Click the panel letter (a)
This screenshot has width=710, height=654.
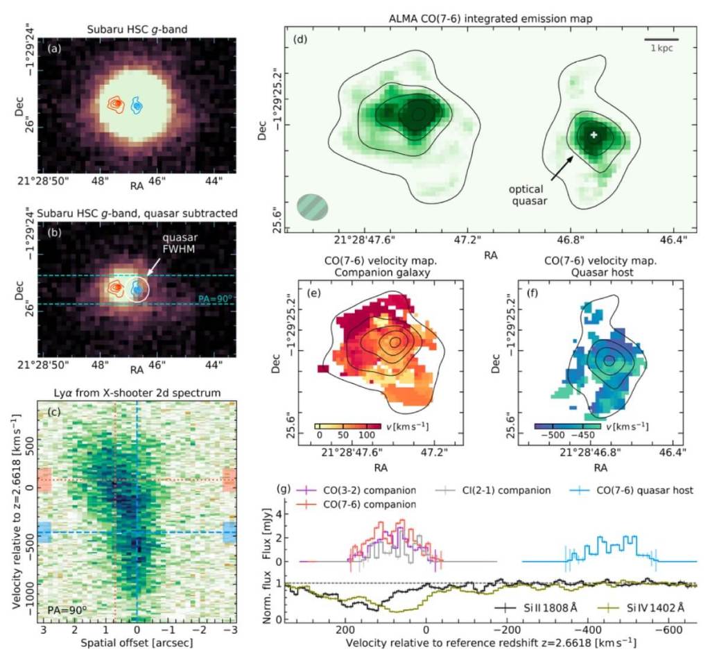pyautogui.click(x=52, y=49)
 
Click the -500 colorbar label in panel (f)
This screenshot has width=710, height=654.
pyautogui.click(x=549, y=436)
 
